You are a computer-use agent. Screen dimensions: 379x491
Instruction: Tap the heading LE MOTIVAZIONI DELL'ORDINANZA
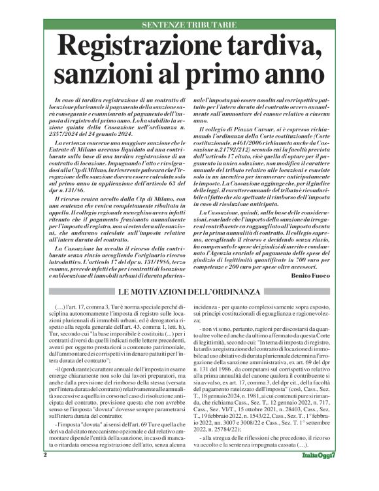pos(189,290)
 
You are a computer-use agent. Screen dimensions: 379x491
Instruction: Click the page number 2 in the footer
pos(46,473)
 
